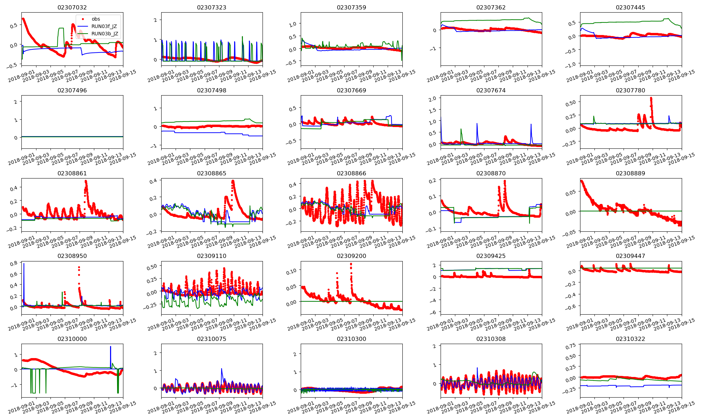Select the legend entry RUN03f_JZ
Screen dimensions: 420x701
[104, 26]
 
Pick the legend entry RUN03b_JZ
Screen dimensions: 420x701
[104, 34]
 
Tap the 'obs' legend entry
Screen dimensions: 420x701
[96, 19]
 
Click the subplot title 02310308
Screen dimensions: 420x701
[491, 339]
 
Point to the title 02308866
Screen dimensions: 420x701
[351, 173]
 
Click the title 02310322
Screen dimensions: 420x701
[630, 339]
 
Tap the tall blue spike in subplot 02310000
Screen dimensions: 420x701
[110, 347]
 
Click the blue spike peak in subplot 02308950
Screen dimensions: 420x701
[24, 264]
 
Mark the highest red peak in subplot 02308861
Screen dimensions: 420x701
[86, 181]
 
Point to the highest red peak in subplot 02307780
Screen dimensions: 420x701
[651, 98]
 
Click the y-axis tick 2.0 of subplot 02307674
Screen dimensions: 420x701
[433, 98]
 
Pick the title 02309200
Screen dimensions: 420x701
[351, 256]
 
